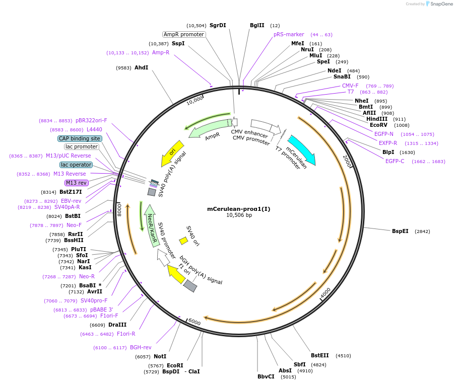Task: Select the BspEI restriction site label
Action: pyautogui.click(x=400, y=232)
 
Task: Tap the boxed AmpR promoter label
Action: pyautogui.click(x=184, y=35)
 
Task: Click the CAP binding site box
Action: pyautogui.click(x=80, y=138)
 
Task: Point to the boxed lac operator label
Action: pyautogui.click(x=76, y=165)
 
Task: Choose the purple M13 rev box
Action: pyautogui.click(x=77, y=183)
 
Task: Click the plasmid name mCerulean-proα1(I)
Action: pyautogui.click(x=239, y=209)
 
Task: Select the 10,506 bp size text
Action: pyautogui.click(x=239, y=215)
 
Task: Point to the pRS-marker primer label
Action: pyautogui.click(x=289, y=35)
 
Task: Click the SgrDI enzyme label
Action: pyautogui.click(x=218, y=25)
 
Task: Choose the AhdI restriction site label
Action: pyautogui.click(x=141, y=67)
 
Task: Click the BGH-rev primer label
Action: pyautogui.click(x=141, y=347)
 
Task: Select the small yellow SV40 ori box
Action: pyautogui.click(x=183, y=241)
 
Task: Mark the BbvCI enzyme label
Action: pyautogui.click(x=266, y=376)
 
